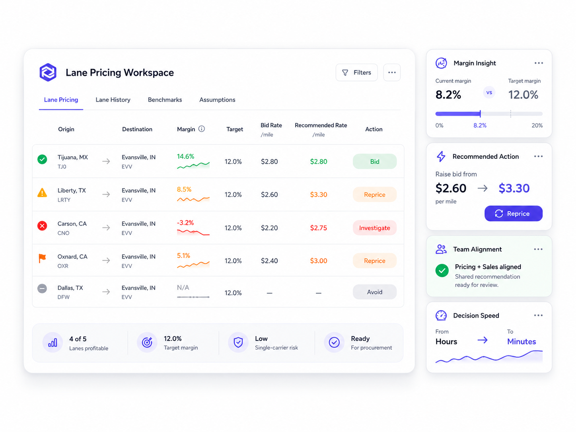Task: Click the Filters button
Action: (356, 72)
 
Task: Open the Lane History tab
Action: (113, 100)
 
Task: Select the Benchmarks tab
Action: (165, 100)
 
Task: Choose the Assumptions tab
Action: (217, 100)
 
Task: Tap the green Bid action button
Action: (374, 162)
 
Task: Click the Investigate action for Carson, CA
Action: (374, 228)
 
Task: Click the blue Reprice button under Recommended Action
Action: (513, 214)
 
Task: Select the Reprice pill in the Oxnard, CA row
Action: (374, 261)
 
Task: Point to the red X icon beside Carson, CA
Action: (42, 226)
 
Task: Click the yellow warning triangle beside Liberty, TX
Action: (42, 193)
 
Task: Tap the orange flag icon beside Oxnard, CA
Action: (42, 258)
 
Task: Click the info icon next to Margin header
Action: (202, 129)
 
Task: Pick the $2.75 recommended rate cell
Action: (319, 228)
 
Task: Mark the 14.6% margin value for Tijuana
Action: (185, 156)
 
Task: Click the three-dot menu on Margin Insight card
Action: (539, 63)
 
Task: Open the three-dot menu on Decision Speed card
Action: (538, 315)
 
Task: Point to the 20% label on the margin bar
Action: (537, 125)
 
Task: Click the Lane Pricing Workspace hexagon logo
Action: (48, 72)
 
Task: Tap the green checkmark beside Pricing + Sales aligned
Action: (442, 270)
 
